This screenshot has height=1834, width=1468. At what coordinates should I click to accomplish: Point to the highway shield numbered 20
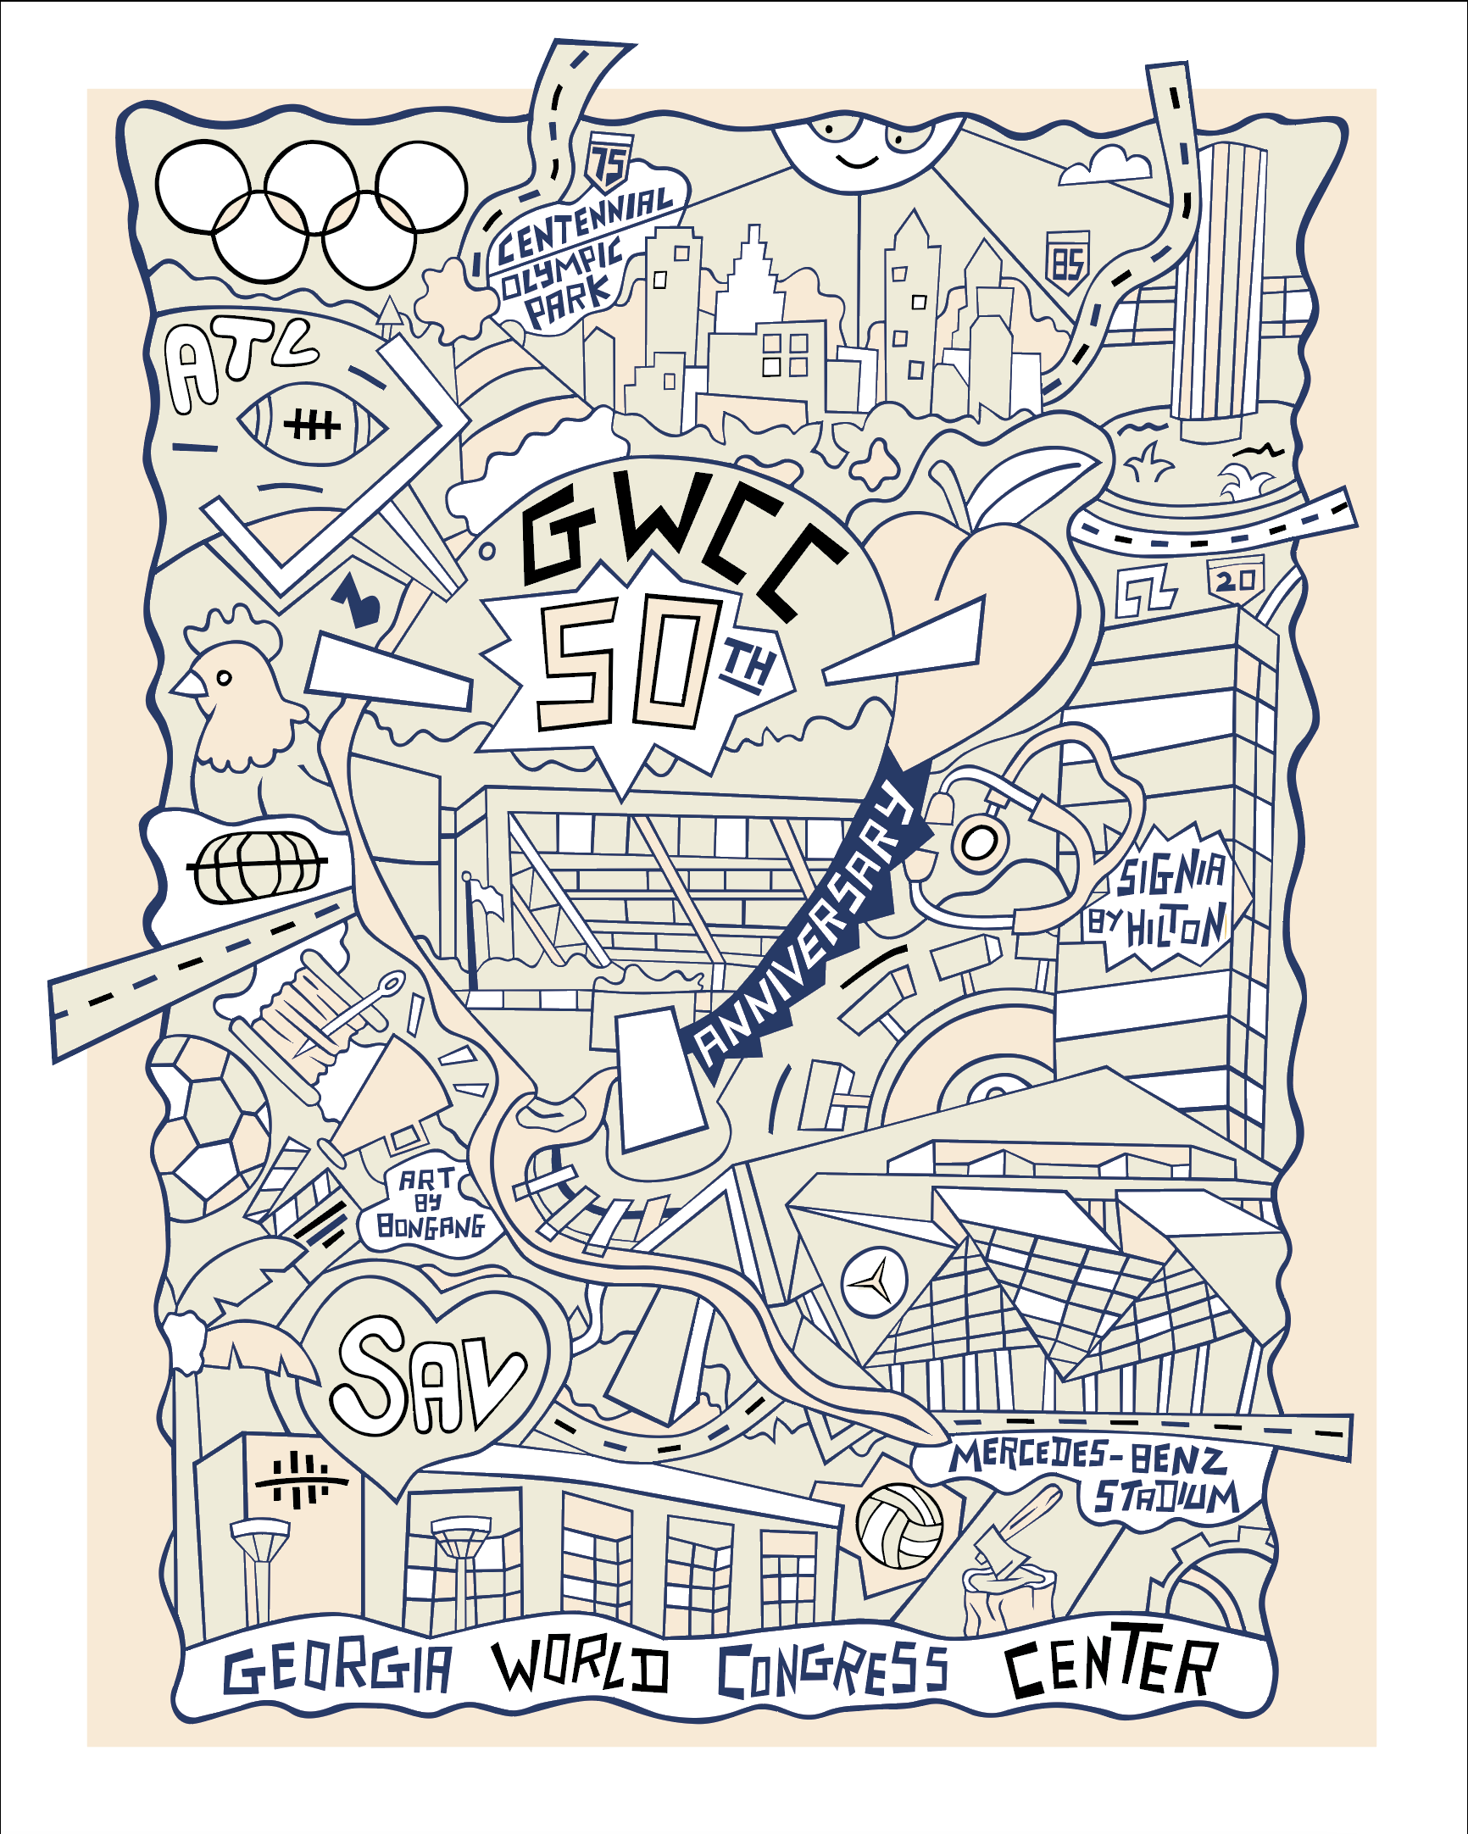(x=1235, y=581)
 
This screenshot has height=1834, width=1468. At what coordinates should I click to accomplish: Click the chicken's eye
(x=224, y=678)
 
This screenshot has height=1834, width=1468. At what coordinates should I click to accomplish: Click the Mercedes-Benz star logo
(x=875, y=1281)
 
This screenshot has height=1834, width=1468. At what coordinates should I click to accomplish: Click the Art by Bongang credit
(x=431, y=1203)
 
